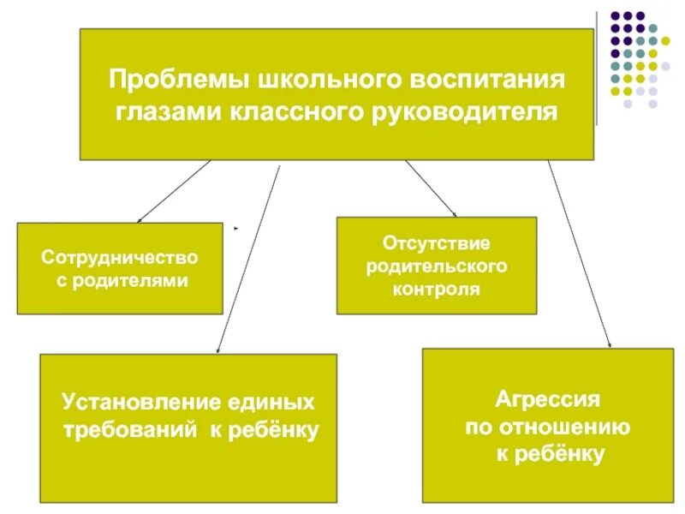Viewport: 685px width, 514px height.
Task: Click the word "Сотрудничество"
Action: (120, 257)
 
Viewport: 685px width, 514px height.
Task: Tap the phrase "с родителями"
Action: (120, 280)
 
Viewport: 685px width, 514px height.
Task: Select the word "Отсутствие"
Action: (437, 244)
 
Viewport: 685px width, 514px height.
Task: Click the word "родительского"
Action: (437, 266)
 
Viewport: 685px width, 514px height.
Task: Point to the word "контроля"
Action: (437, 290)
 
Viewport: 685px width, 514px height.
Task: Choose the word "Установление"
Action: (142, 402)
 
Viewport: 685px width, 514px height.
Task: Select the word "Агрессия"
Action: (548, 399)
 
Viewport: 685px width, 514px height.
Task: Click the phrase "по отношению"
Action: (548, 427)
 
